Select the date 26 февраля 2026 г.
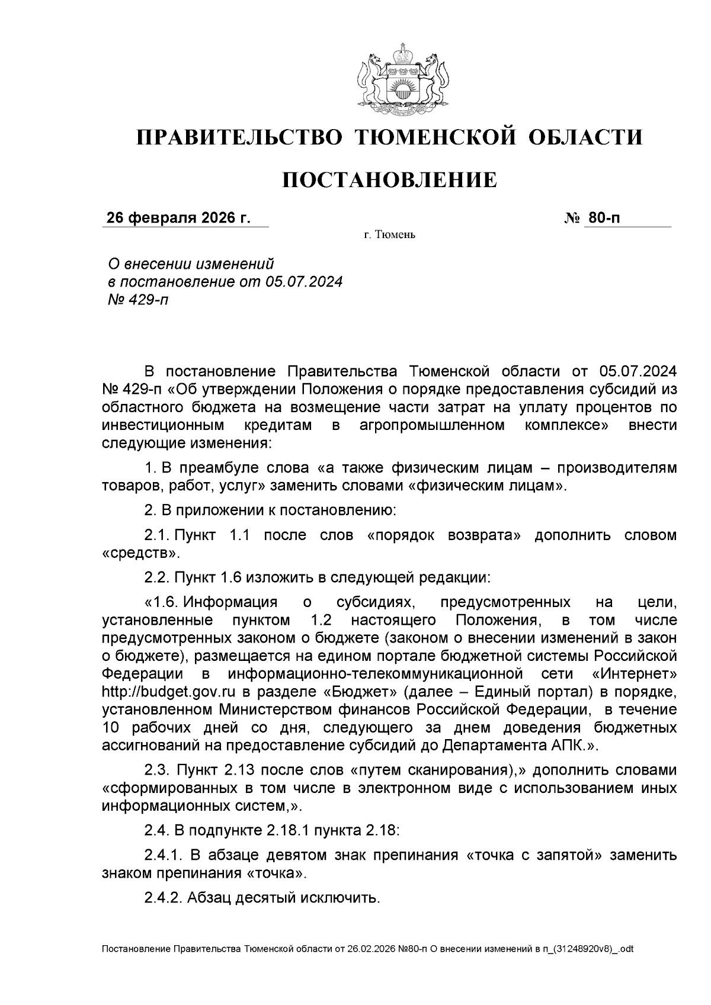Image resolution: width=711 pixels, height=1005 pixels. (x=178, y=218)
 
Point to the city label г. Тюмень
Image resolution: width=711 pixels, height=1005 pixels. (x=389, y=236)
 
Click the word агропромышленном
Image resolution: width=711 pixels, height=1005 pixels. (x=432, y=425)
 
